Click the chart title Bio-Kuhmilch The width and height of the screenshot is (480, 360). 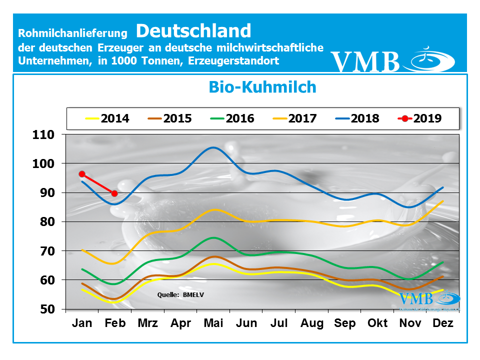click(x=262, y=87)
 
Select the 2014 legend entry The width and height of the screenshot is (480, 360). click(x=107, y=118)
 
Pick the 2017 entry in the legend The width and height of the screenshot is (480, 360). click(x=294, y=118)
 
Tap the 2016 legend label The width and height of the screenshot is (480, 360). click(x=232, y=118)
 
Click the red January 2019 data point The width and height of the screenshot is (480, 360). click(x=82, y=174)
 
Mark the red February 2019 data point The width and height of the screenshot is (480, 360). click(x=114, y=193)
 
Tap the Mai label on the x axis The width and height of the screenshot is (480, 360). click(x=213, y=323)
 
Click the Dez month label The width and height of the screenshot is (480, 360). click(x=443, y=323)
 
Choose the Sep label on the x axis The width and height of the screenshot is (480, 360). click(x=345, y=323)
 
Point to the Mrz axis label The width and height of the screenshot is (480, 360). click(x=147, y=323)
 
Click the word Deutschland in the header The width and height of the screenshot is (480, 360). click(x=193, y=30)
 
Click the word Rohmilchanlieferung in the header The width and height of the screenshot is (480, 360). click(x=73, y=33)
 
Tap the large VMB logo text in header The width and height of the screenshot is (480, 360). click(x=365, y=61)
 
